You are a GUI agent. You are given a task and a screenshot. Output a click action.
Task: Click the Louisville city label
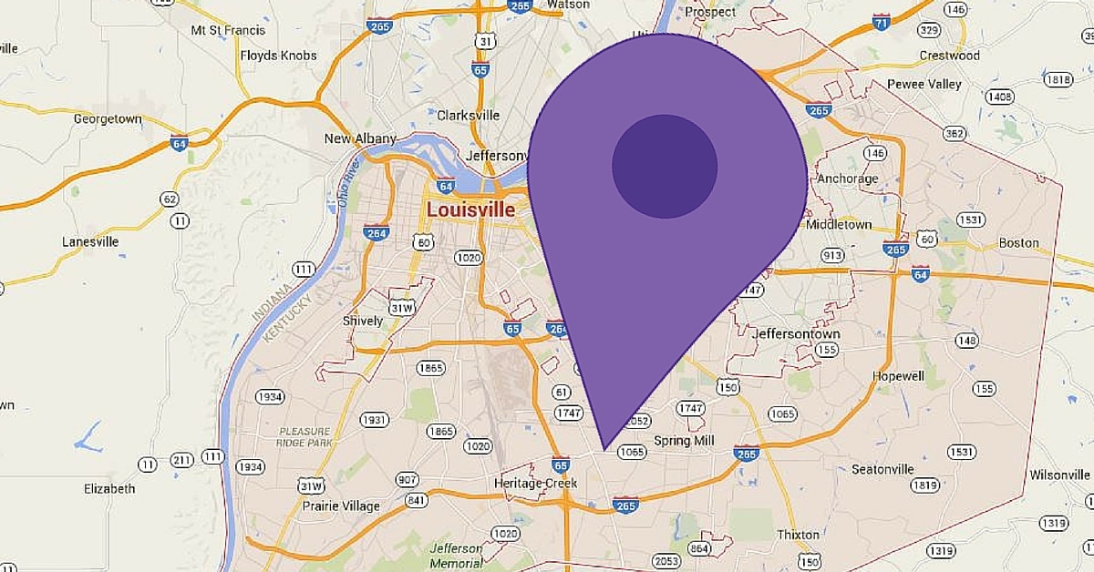471,210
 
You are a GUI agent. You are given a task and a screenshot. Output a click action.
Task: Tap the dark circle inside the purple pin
665,167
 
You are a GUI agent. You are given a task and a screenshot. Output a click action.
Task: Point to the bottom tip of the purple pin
604,448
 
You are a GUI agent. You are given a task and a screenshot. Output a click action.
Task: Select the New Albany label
361,138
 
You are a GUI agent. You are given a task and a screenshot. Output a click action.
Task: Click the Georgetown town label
108,118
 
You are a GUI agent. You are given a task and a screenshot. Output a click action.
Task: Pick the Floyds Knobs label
278,56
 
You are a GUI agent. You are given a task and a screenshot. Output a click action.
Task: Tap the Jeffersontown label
796,334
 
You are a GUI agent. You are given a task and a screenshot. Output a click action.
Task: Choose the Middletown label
839,224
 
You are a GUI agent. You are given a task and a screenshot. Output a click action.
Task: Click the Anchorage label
847,179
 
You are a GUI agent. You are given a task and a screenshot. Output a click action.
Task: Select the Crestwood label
949,56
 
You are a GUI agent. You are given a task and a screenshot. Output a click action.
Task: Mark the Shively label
362,321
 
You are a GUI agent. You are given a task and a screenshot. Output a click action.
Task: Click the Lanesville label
90,242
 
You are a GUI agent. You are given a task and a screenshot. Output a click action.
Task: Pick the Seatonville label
882,469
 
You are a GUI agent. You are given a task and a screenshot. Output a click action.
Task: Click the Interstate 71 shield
881,21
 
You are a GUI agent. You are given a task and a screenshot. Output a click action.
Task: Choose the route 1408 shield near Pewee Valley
999,97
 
